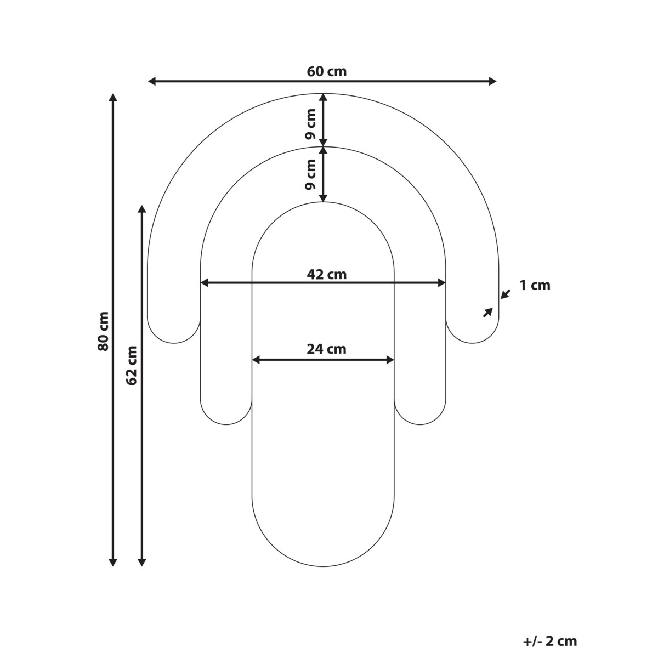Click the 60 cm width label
pyautogui.click(x=326, y=71)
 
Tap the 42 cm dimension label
pyautogui.click(x=326, y=274)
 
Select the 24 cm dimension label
pyautogui.click(x=326, y=349)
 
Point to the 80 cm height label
pyautogui.click(x=103, y=331)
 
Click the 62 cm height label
pyautogui.click(x=132, y=365)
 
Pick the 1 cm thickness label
pyautogui.click(x=535, y=286)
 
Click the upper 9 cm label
pyautogui.click(x=310, y=124)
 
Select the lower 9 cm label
pyautogui.click(x=310, y=174)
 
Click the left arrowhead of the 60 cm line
pyautogui.click(x=152, y=81)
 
